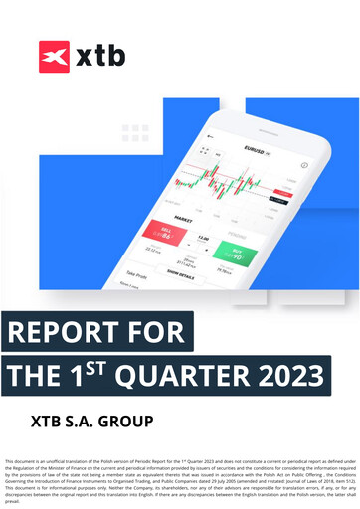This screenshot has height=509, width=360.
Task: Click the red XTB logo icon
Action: pos(54,55)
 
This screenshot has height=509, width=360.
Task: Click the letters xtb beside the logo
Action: pos(100,56)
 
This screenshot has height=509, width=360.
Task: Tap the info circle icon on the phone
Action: pos(303,165)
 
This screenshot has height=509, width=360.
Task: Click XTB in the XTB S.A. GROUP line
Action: pos(47,421)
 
